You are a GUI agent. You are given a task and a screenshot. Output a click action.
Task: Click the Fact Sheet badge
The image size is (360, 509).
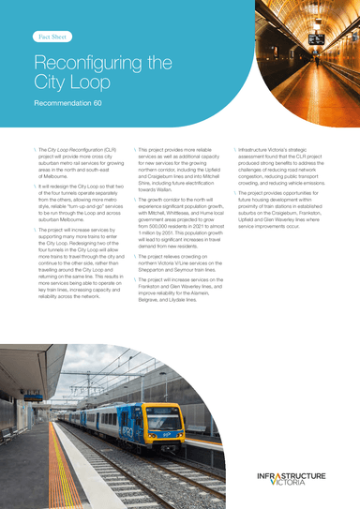point(51,37)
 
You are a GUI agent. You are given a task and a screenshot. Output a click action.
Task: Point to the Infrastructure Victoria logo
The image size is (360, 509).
point(293,480)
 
